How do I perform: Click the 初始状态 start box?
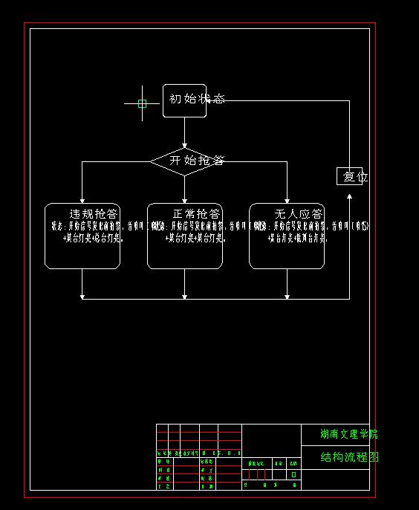click(x=184, y=100)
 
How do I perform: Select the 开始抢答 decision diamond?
click(x=185, y=161)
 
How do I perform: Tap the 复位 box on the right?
click(x=350, y=177)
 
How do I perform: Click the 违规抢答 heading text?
click(x=94, y=214)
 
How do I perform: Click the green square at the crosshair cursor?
click(x=142, y=103)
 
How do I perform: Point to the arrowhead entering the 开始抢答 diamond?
click(x=185, y=145)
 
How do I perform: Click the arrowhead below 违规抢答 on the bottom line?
click(x=82, y=297)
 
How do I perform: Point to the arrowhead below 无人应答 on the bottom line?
click(x=287, y=297)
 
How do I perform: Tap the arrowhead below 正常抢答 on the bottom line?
click(x=185, y=297)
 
